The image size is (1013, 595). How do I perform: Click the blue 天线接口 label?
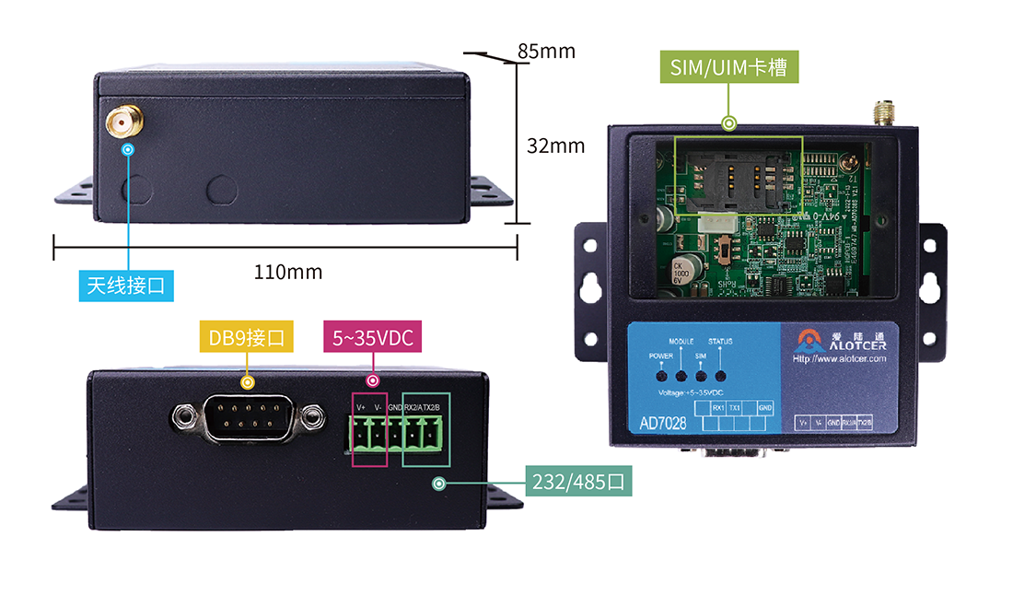point(126,286)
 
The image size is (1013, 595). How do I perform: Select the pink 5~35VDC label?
point(372,338)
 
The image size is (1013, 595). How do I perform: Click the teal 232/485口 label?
point(578,481)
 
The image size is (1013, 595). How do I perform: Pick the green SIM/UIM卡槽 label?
point(728,67)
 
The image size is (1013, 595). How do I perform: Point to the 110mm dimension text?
point(288,272)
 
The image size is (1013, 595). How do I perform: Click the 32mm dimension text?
point(555,146)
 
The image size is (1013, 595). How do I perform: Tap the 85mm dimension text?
point(546,52)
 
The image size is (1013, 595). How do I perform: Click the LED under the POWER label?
point(661,375)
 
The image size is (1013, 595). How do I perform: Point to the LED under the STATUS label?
point(721,375)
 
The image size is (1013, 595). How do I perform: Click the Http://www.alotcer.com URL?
point(839,358)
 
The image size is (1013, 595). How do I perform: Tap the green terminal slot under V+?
point(360,433)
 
